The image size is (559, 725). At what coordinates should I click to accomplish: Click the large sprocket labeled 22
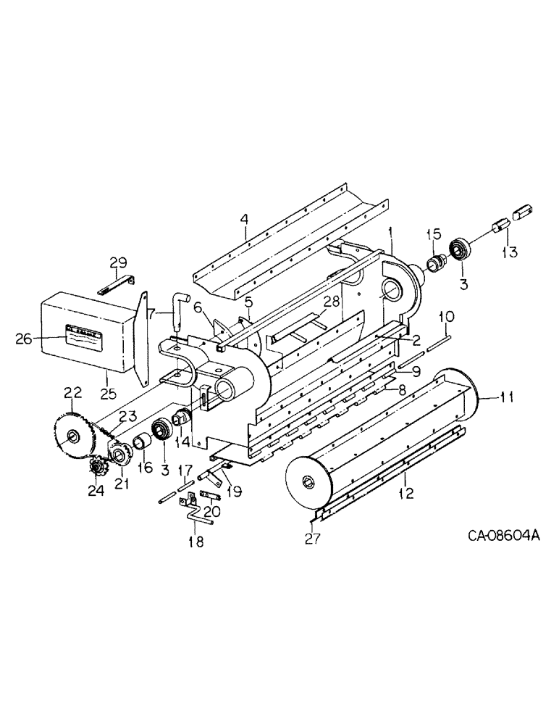75,436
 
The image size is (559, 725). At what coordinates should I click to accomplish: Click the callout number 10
447,317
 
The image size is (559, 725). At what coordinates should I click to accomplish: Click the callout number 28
332,300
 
